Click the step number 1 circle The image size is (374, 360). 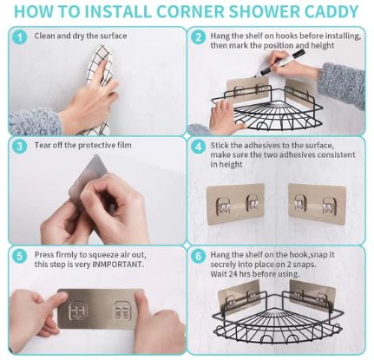pyautogui.click(x=20, y=37)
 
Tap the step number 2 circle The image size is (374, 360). pyautogui.click(x=199, y=37)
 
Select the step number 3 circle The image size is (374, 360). pyautogui.click(x=20, y=146)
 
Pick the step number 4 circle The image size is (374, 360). pyautogui.click(x=199, y=147)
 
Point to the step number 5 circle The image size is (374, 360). pyautogui.click(x=20, y=256)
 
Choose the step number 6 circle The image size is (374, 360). pyautogui.click(x=199, y=256)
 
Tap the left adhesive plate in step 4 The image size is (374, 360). pyautogui.click(x=235, y=204)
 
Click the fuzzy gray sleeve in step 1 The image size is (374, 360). pyautogui.click(x=35, y=122)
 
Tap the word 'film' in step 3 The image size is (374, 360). pyautogui.click(x=124, y=145)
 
